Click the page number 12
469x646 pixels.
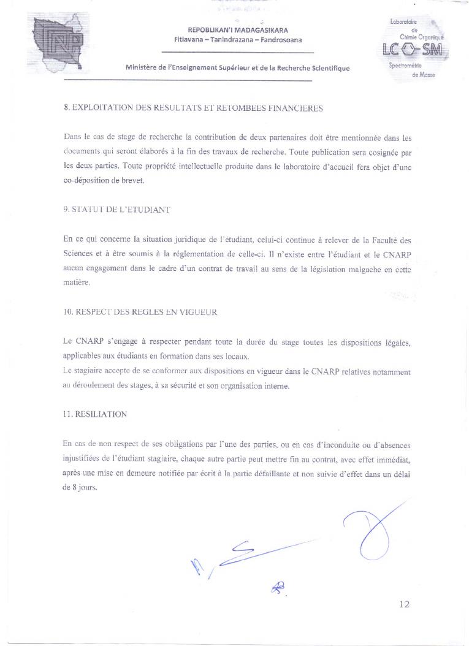click(x=404, y=604)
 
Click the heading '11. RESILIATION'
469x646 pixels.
click(x=95, y=414)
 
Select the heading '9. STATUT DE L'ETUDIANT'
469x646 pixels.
click(x=116, y=209)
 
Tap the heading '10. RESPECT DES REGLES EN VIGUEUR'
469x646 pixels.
click(x=140, y=311)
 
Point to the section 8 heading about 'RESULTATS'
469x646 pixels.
click(x=193, y=108)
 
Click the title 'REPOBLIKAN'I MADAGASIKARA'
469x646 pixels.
click(x=238, y=30)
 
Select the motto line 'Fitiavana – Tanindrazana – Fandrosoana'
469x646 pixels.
click(x=238, y=40)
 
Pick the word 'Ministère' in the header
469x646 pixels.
click(x=142, y=69)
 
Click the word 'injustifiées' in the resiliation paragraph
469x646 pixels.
click(x=82, y=458)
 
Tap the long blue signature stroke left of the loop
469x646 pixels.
click(x=257, y=551)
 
